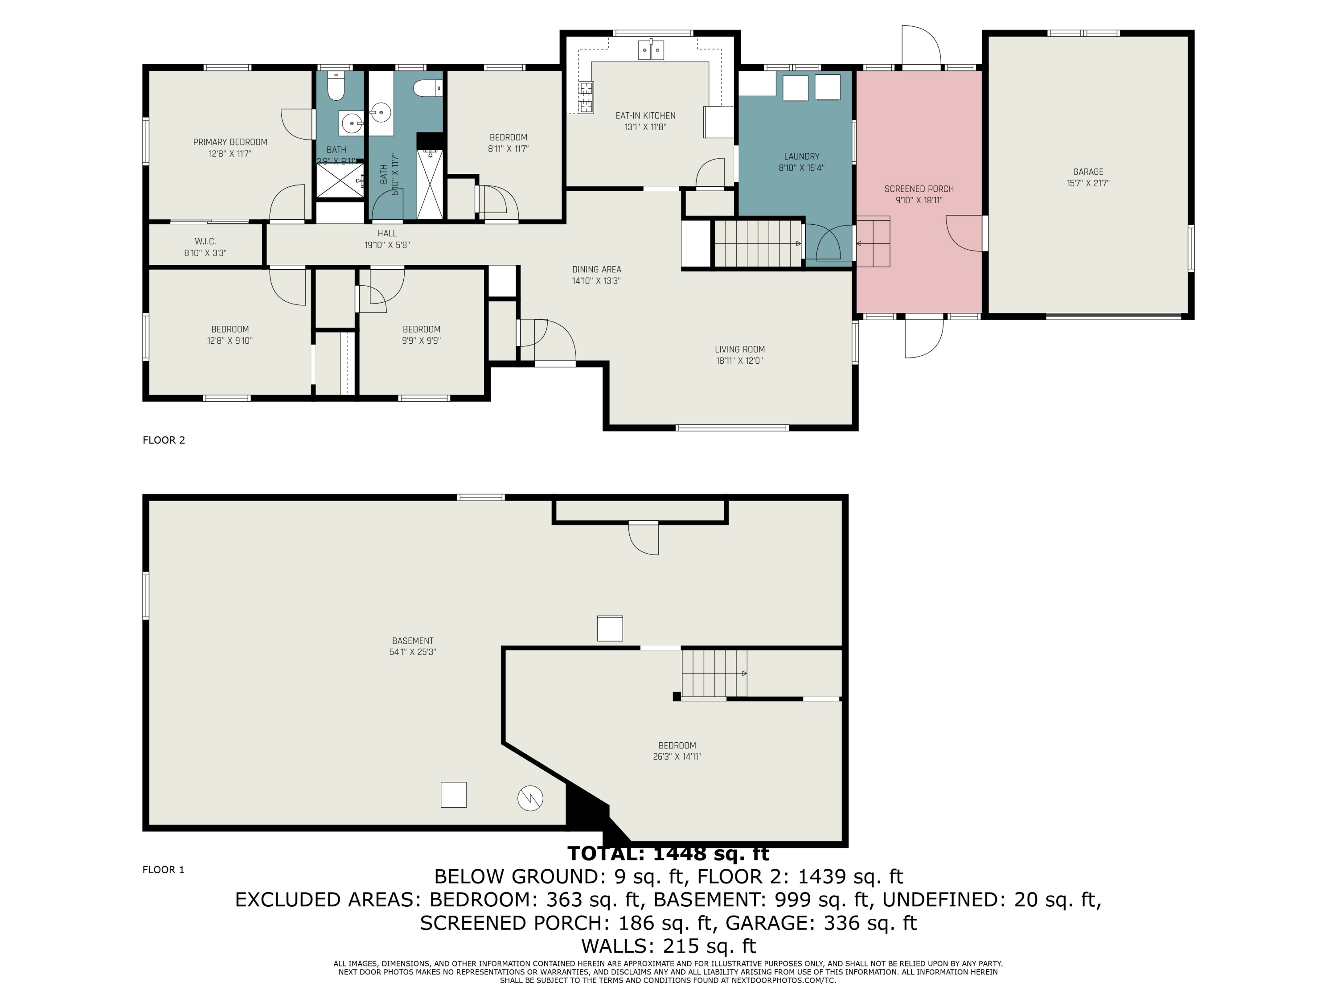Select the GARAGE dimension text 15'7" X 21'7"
1088,183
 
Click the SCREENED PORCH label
919,189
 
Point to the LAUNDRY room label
801,156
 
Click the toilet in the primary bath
336,88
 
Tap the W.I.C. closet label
205,241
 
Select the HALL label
387,234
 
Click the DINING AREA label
597,270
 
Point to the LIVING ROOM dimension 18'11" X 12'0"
740,361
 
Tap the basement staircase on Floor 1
714,674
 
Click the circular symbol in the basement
530,798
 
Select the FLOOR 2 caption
164,440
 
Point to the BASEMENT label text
413,641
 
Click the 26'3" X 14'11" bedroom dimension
677,756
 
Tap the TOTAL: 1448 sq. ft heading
668,854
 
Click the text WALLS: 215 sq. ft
668,945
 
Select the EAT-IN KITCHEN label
645,115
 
